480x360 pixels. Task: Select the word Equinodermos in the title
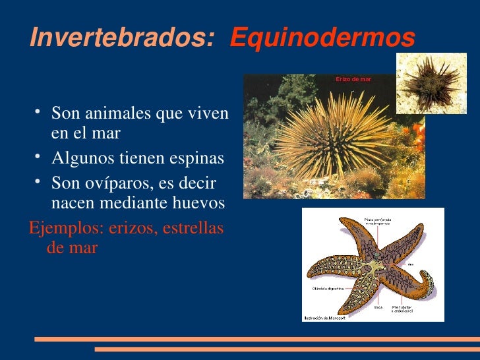[x=322, y=38]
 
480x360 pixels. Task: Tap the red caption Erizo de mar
[x=353, y=79]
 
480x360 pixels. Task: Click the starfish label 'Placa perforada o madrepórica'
[x=376, y=222]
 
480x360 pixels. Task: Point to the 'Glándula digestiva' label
[x=327, y=289]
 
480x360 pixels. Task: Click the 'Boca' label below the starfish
[x=378, y=307]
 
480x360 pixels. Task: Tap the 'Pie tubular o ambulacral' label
[x=404, y=309]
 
